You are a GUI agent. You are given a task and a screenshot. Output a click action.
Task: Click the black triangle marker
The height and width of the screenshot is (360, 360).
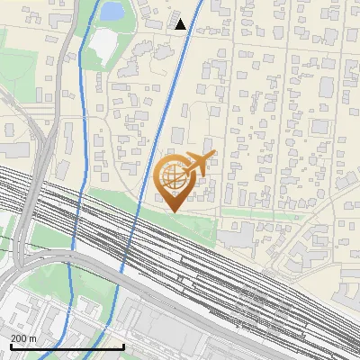tap(180, 24)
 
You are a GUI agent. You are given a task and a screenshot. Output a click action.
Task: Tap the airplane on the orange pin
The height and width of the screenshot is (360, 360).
tap(197, 164)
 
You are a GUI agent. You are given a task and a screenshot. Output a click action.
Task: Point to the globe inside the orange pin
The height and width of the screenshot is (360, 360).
tap(171, 177)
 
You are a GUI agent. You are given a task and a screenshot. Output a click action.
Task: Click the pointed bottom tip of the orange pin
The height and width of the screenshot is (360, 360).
tap(171, 212)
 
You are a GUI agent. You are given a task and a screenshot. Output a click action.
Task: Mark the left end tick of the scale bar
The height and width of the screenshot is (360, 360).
tap(10, 346)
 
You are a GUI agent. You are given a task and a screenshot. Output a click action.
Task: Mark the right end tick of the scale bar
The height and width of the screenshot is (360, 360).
tap(122, 346)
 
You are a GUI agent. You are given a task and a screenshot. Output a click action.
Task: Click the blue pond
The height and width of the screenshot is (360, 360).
tap(111, 12)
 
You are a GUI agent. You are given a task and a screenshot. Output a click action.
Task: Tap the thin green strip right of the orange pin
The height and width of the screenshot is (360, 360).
tap(261, 214)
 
